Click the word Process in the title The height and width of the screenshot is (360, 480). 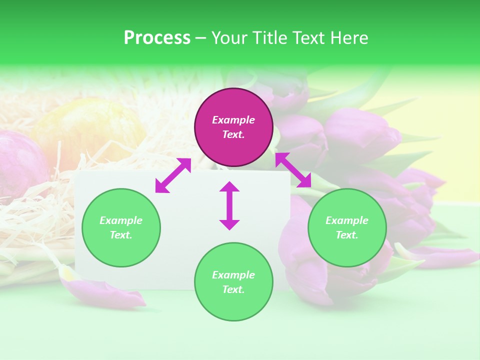coord(157,38)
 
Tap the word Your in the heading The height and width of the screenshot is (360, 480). coord(228,38)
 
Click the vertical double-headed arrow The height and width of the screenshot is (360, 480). coord(229,205)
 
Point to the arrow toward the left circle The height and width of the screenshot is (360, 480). coord(173,175)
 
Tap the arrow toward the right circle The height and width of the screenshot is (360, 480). coord(293,170)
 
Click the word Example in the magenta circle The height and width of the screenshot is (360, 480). coord(233,120)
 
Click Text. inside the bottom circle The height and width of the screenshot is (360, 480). coord(233,289)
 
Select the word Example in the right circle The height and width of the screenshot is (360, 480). coord(347,220)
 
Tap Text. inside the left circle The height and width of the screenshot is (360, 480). coord(121,235)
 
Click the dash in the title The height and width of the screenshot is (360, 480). coord(201,38)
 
